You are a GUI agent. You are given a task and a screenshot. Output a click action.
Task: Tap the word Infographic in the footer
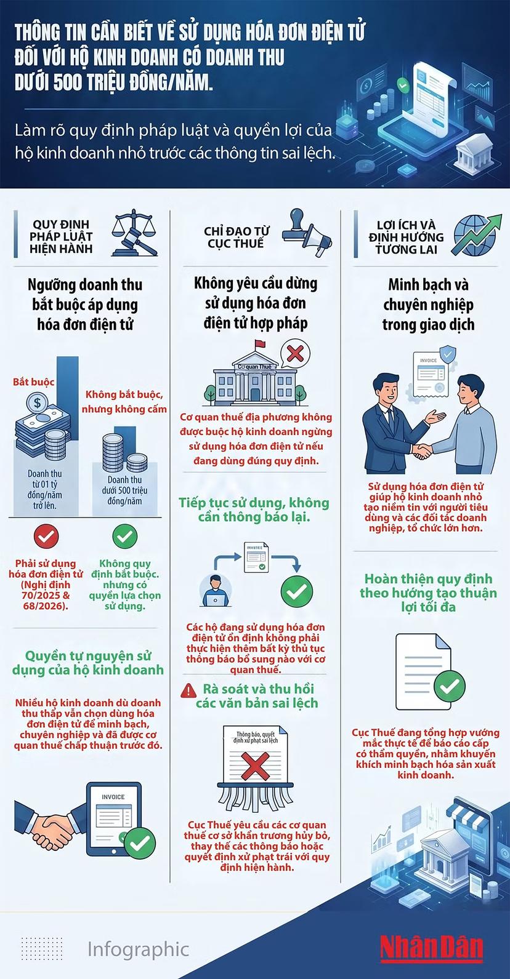tap(138, 949)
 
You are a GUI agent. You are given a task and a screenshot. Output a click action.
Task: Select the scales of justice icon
tap(135, 233)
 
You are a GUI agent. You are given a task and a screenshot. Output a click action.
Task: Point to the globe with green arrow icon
tap(476, 234)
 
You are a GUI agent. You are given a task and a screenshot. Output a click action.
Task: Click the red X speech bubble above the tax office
tap(295, 353)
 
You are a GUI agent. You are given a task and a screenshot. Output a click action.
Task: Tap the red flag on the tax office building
tap(261, 344)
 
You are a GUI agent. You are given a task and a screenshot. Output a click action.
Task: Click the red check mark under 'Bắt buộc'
tap(46, 536)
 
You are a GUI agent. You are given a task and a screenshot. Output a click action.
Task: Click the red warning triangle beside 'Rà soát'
tap(188, 690)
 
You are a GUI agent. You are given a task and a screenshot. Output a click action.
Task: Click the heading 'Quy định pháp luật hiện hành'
tap(61, 236)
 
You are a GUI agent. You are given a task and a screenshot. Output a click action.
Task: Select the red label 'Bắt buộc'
tap(34, 382)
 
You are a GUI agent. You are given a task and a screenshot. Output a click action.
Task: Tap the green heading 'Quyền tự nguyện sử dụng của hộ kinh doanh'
tap(88, 663)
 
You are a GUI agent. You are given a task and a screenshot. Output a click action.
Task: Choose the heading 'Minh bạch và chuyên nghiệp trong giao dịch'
tap(428, 305)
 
